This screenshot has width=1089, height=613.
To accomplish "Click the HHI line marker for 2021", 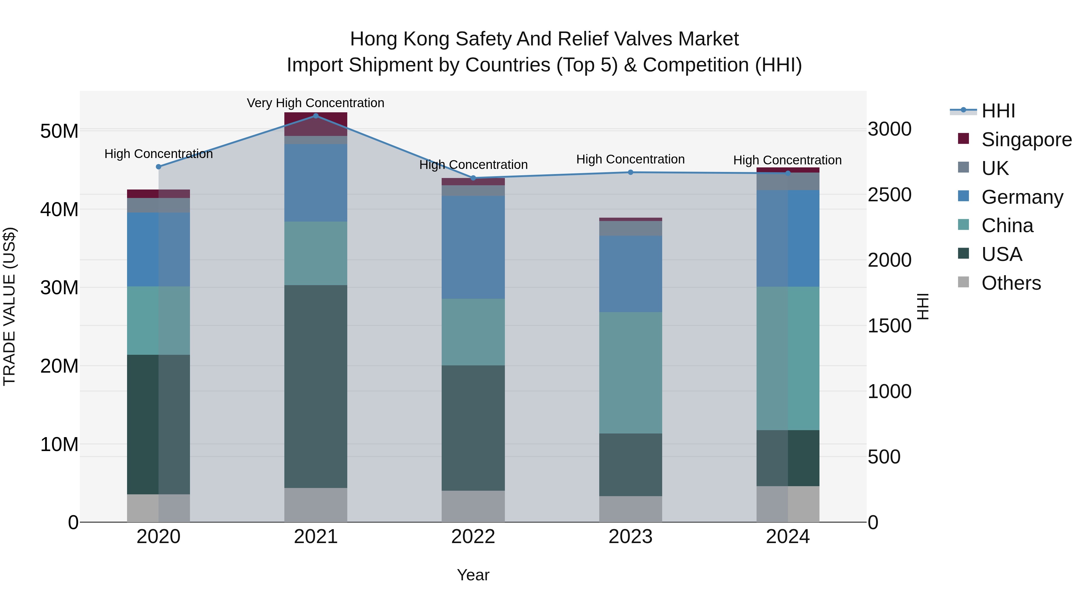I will click(x=316, y=116).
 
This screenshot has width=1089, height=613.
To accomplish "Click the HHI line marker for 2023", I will click(x=630, y=172).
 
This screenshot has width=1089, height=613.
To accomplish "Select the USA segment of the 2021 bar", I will click(x=316, y=386).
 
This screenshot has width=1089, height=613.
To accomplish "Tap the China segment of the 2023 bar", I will click(x=630, y=373).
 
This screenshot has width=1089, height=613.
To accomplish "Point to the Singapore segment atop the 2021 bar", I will click(x=316, y=124).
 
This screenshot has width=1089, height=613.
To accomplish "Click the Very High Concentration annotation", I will click(x=316, y=103).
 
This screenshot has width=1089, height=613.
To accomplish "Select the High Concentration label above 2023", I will click(x=630, y=160).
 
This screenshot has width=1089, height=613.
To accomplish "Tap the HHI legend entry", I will click(x=998, y=111).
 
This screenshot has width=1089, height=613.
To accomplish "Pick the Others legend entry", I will click(x=1010, y=283).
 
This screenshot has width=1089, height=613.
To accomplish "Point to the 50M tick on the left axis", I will click(x=59, y=131).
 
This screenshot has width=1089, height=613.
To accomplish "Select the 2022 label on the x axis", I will click(x=473, y=537).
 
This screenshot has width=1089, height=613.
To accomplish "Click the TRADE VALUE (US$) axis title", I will click(x=9, y=306).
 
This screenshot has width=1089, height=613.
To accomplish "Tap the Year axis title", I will click(x=473, y=575).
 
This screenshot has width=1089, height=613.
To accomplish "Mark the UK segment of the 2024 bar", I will click(x=788, y=182).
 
